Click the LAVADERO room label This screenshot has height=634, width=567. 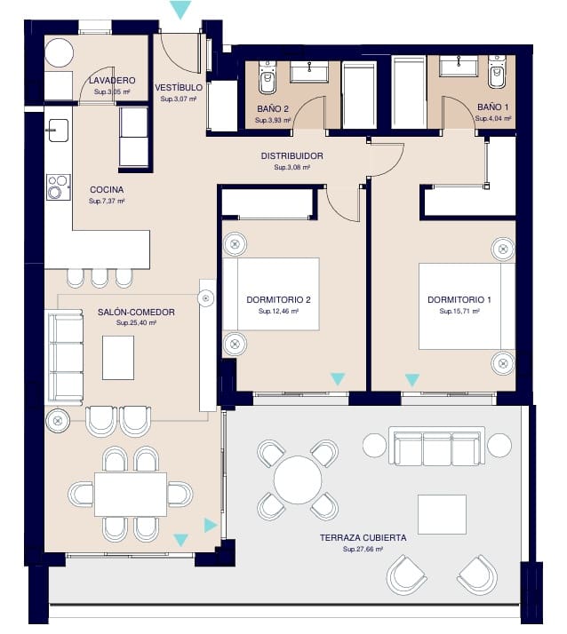pos(112,80)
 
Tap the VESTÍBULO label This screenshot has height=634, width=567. pos(179,88)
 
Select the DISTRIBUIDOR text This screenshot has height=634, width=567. pos(291,155)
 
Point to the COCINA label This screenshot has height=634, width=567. pos(107,190)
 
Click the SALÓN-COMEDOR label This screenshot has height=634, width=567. pos(136,312)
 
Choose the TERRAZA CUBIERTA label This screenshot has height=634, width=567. pos(363,538)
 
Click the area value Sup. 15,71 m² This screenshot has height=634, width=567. pos(459,312)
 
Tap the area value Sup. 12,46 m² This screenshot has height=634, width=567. pos(278,312)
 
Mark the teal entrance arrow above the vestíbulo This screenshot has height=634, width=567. pos(180,10)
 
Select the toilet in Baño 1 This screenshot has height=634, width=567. pos(497,73)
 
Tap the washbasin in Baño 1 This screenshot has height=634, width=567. pos(459,65)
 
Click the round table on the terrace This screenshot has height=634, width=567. pos(298,480)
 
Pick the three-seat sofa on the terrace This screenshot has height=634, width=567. pos(437,447)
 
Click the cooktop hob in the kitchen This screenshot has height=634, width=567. pos(58,187)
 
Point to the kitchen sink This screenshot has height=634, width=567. pos(58,130)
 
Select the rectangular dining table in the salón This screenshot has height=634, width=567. pos(131,495)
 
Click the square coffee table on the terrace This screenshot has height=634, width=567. pos(442,514)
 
